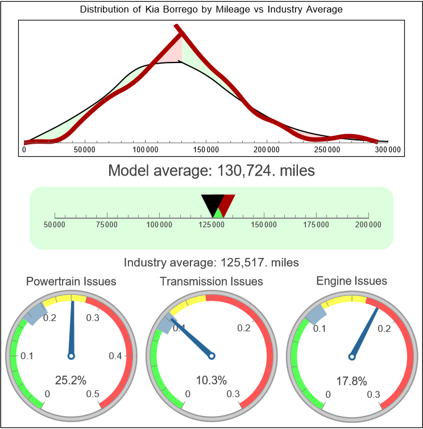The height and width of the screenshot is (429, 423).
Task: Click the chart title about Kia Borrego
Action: (x=212, y=10)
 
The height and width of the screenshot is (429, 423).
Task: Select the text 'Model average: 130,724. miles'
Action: (x=212, y=170)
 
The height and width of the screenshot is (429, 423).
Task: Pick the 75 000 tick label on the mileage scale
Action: (x=107, y=225)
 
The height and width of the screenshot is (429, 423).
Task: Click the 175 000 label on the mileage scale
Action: (x=316, y=225)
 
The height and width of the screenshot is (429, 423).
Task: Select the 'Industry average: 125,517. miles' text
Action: (x=212, y=263)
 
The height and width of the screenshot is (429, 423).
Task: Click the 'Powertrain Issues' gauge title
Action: (x=71, y=281)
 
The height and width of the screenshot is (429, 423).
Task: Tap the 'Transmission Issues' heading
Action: (x=212, y=281)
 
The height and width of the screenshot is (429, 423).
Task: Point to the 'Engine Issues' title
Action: (x=351, y=281)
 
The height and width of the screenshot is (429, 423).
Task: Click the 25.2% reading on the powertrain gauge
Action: (x=70, y=380)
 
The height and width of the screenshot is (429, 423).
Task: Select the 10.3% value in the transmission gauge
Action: (x=212, y=380)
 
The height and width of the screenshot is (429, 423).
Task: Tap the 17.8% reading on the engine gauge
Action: (x=351, y=380)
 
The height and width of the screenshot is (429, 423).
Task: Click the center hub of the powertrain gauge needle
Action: (x=71, y=356)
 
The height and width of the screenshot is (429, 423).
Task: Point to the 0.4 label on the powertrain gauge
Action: (x=115, y=356)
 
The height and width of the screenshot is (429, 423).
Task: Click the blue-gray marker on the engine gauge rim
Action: (x=316, y=313)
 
